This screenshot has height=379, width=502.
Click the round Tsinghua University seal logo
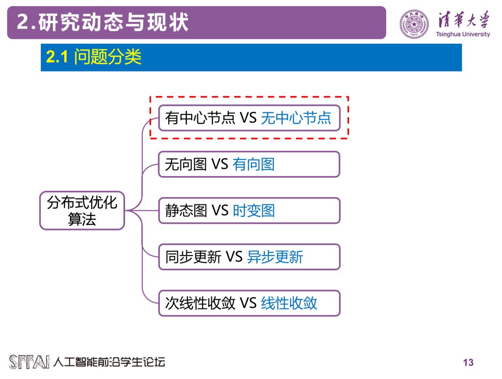click(415, 23)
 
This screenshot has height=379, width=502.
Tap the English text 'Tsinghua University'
click(463, 34)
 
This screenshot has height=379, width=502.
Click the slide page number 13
click(468, 362)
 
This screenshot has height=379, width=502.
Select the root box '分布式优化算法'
click(82, 210)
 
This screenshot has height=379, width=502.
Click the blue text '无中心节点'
click(296, 118)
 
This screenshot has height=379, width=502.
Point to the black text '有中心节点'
click(200, 118)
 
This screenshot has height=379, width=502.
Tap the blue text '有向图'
click(253, 164)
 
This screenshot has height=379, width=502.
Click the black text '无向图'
click(185, 164)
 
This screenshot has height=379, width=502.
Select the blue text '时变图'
click(253, 210)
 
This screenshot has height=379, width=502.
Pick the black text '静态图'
click(185, 210)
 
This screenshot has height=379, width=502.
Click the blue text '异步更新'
click(275, 257)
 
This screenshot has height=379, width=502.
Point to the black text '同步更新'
click(193, 257)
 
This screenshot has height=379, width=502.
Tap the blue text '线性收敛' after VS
click(289, 303)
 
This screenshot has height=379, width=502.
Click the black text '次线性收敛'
click(200, 303)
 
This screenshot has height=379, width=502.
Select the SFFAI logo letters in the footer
click(29, 362)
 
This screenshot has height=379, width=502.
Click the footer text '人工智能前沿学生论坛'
click(109, 362)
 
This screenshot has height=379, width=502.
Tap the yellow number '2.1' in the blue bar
click(57, 57)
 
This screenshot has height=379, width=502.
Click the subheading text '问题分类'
click(107, 57)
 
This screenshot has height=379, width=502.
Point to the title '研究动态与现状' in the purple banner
click(114, 22)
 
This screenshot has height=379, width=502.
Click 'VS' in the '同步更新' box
click(234, 257)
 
